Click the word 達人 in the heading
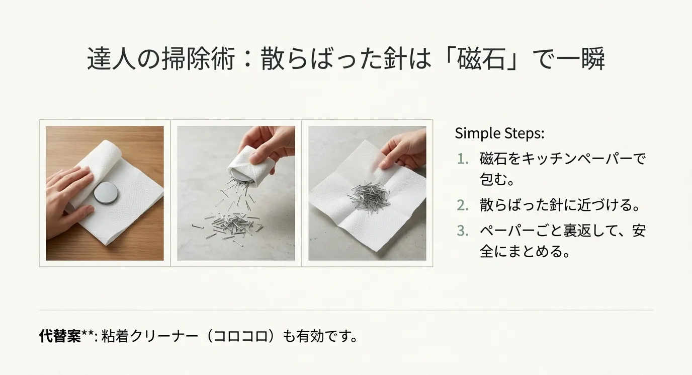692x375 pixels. [108, 59]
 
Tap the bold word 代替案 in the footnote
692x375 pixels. [60, 336]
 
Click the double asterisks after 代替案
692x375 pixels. [87, 334]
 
